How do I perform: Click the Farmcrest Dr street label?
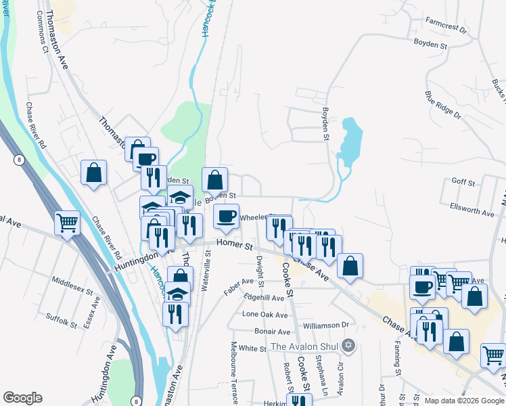coord(446,29)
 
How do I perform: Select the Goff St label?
coord(463,183)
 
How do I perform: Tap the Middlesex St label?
coord(71,286)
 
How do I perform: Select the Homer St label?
coord(234,246)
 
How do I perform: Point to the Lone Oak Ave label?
coord(265,315)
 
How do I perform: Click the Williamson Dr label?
coord(325,325)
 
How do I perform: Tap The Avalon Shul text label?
coord(305,347)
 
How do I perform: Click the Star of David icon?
coord(348,346)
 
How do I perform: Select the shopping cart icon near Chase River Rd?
coord(68,221)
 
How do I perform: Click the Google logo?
coord(22,398)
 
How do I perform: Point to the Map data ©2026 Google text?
coord(463,401)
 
